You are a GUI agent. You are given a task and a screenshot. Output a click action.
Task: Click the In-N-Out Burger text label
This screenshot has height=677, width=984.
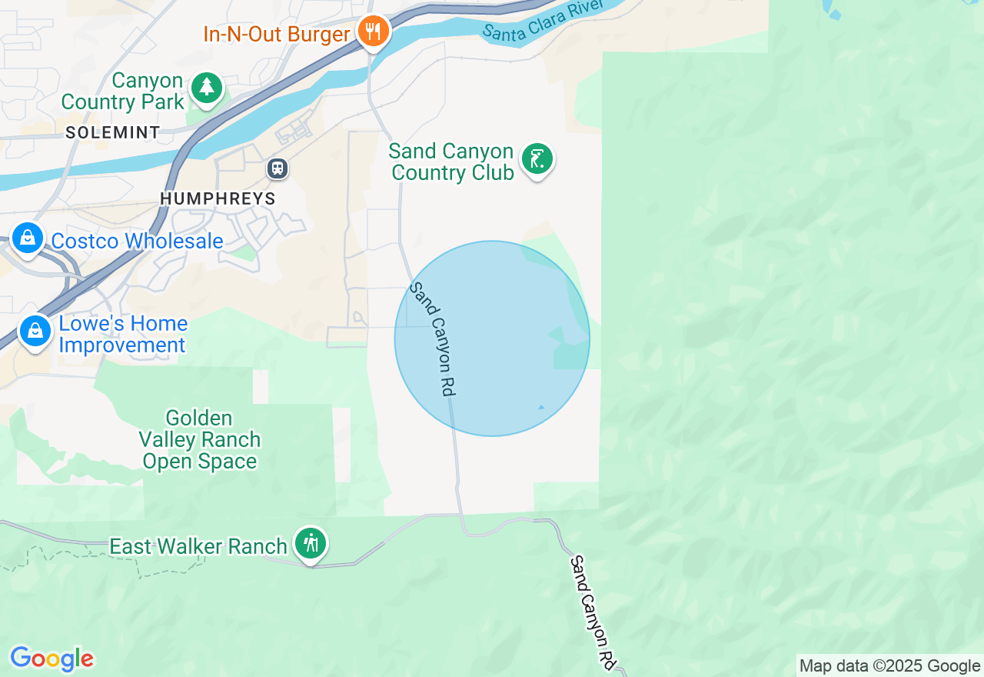[x=277, y=34]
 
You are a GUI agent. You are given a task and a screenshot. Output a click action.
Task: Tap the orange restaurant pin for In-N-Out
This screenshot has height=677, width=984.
[x=374, y=32]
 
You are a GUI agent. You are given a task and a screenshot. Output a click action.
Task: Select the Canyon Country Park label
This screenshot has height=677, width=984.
[x=123, y=92]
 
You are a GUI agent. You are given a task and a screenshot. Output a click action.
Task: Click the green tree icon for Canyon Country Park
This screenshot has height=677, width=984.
[x=206, y=87]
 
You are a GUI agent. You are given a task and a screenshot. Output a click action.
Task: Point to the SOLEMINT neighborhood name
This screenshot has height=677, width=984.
[x=113, y=132]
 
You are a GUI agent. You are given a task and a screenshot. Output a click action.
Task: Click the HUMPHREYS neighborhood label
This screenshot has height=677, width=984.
[x=218, y=198]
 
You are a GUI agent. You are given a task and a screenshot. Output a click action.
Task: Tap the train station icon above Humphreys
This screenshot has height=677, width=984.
[x=278, y=168]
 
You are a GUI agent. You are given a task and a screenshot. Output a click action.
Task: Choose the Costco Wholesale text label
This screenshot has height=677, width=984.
[x=137, y=241]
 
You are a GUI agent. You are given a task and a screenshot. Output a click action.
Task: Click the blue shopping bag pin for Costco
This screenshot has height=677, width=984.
[x=28, y=238]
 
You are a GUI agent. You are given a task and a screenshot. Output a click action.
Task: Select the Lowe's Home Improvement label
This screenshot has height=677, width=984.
[x=123, y=335]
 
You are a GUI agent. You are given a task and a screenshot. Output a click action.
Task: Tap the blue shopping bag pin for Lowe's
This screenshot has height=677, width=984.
[x=35, y=331]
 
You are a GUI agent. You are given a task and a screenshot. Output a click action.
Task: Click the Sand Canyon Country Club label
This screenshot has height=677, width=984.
[x=452, y=162]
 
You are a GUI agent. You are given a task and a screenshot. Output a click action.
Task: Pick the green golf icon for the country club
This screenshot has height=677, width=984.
[x=537, y=159]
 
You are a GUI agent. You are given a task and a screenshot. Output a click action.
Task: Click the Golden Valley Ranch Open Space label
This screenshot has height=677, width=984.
[x=200, y=440]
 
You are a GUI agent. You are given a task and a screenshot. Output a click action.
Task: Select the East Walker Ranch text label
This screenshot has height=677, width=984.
[x=198, y=546]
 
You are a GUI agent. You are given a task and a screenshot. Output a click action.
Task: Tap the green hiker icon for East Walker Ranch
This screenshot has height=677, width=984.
[x=311, y=543]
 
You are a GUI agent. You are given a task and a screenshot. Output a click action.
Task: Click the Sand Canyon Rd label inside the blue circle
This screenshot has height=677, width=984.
[x=433, y=338]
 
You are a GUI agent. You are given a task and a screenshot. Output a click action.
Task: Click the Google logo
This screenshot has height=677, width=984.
[x=52, y=659]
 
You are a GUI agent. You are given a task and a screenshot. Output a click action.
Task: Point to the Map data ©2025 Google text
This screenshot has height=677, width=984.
[x=889, y=666]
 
